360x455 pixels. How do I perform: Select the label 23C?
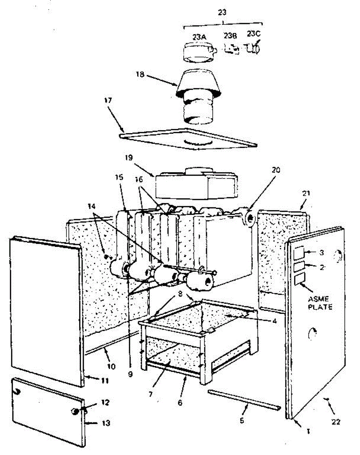(254, 34)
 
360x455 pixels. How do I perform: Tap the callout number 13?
(106, 422)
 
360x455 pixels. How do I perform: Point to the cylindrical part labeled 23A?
(198, 50)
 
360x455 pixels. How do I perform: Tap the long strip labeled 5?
(243, 400)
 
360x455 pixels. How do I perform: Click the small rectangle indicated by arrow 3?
(298, 252)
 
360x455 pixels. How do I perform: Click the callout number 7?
(150, 394)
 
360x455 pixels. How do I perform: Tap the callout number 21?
(306, 193)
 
